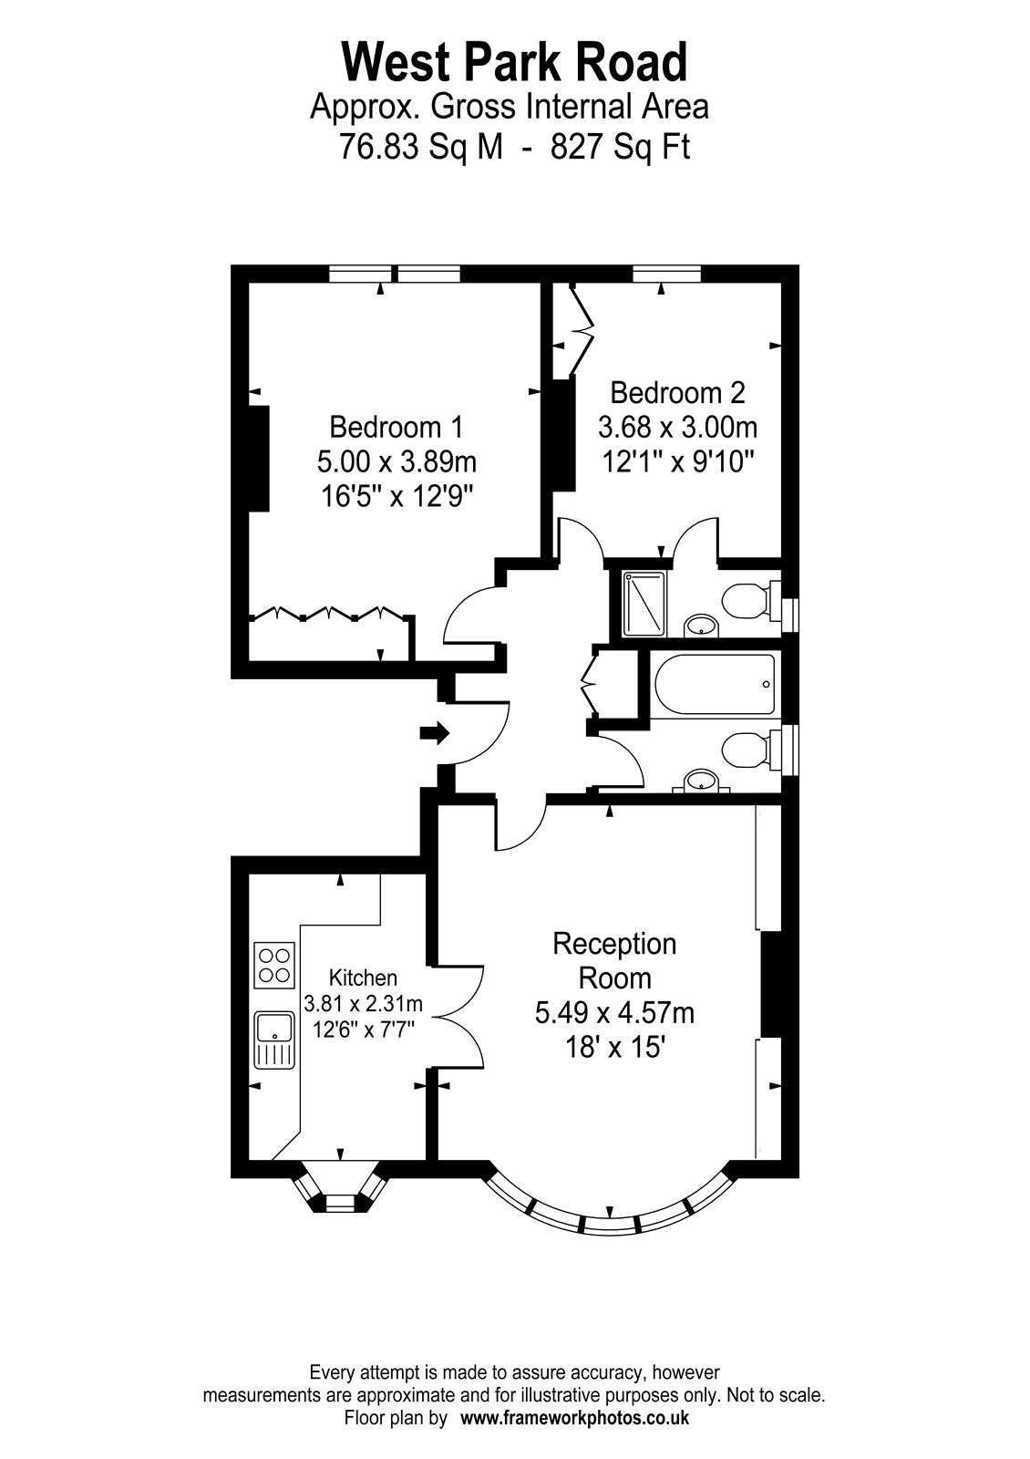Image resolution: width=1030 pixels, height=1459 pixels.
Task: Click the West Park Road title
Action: coord(514,62)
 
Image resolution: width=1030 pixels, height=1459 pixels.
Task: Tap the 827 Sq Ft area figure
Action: coord(620,147)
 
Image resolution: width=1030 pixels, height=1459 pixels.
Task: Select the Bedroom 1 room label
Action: coord(396,428)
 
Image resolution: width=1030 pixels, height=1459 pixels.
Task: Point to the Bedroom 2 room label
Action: coord(677,393)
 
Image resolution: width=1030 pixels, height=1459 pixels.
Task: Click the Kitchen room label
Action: coord(363,978)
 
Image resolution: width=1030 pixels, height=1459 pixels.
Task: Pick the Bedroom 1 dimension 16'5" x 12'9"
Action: coord(396,497)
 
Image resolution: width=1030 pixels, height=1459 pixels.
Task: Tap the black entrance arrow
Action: coord(434,733)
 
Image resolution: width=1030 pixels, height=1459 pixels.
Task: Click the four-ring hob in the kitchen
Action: coord(274,966)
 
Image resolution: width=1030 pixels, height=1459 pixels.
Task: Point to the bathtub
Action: coord(716,686)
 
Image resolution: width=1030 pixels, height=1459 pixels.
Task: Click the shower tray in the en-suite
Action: coord(644,604)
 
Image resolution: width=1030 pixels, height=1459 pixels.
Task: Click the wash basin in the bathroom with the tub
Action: coord(701,781)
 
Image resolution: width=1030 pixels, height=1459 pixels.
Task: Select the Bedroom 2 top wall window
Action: coord(666,274)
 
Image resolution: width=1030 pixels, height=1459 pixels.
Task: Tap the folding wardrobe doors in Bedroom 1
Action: coord(331,613)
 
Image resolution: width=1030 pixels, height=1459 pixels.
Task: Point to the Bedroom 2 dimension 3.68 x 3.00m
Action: coord(677,428)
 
